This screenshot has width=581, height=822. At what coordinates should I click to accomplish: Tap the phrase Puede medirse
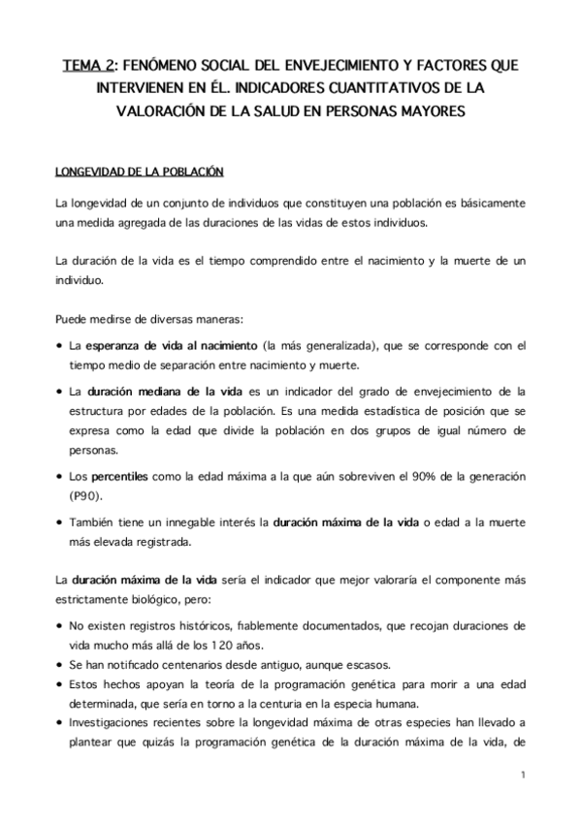(x=92, y=317)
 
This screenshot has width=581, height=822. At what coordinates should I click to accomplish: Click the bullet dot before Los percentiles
(x=61, y=476)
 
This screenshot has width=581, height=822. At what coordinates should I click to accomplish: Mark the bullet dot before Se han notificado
(x=61, y=666)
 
